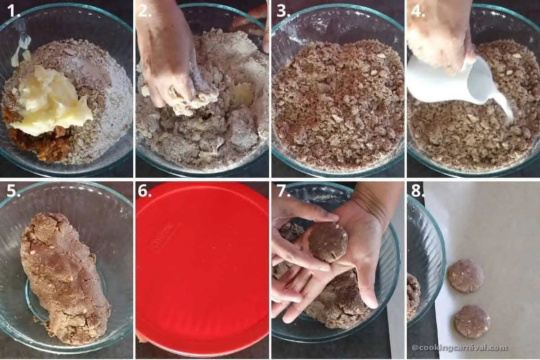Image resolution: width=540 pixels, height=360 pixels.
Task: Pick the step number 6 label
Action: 144,191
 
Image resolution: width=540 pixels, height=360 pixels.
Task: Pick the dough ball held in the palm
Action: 328,242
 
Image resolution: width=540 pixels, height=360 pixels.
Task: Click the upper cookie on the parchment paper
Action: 465,275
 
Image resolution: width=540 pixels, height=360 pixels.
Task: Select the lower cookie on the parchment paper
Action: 472,321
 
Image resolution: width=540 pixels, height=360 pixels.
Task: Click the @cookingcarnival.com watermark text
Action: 459,348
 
